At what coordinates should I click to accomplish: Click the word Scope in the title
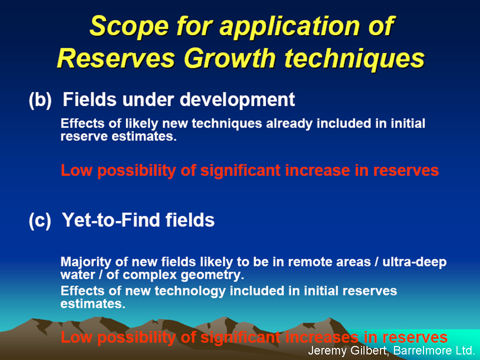pos(129,27)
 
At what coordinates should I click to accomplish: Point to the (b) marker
pos(40,100)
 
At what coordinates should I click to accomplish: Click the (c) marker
pos(40,220)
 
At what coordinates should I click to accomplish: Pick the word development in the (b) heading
pos(237,100)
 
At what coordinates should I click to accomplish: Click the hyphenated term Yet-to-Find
pos(111,220)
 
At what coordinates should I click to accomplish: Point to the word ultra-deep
pos(414,262)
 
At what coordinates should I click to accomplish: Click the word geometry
pos(212,275)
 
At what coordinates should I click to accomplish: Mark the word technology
pos(190,291)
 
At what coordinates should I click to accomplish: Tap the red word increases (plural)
pos(321,337)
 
